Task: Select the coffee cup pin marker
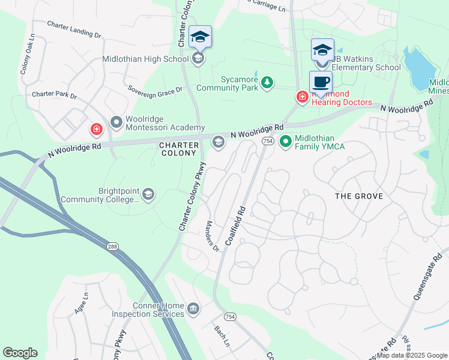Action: [321, 83]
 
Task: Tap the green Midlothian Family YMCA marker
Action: [286, 142]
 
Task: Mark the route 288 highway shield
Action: [113, 246]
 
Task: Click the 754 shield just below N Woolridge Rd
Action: [268, 140]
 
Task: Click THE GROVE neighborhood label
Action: [358, 196]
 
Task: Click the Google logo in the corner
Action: [20, 353]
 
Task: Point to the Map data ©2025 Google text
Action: [411, 355]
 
